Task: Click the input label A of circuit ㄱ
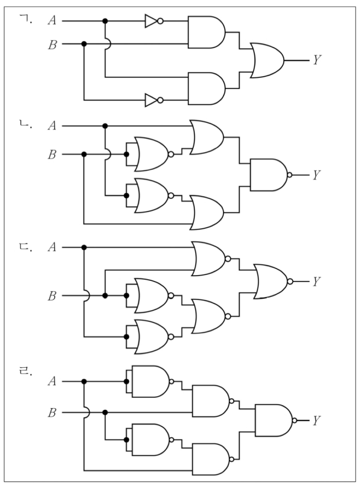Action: point(52,21)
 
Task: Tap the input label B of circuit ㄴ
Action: point(52,154)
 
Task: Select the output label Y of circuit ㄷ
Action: point(316,281)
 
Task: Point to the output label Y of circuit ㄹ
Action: point(316,420)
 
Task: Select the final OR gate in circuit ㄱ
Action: point(267,60)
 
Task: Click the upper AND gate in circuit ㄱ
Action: point(206,32)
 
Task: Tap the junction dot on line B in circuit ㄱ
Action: point(84,44)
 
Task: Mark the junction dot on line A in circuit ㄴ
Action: point(105,126)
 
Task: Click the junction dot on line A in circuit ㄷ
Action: point(84,247)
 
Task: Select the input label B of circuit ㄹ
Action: point(52,412)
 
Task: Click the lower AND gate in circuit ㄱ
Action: point(206,88)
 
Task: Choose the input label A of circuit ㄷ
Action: point(52,247)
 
